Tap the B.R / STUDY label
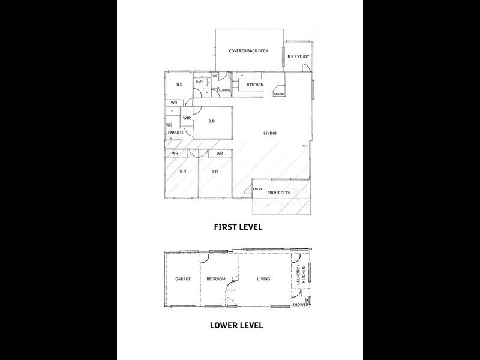298,57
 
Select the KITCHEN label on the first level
256,85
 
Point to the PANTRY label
279,94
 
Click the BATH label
199,82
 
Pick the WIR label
187,118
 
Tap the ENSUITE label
176,133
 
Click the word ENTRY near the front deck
257,190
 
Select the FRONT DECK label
279,193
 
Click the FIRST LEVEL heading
238,228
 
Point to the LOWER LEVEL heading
237,326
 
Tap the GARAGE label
182,279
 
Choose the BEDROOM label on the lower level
216,279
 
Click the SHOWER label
300,305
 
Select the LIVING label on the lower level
263,279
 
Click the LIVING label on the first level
269,133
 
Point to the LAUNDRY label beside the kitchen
224,91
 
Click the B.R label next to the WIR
211,121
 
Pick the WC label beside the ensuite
169,125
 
